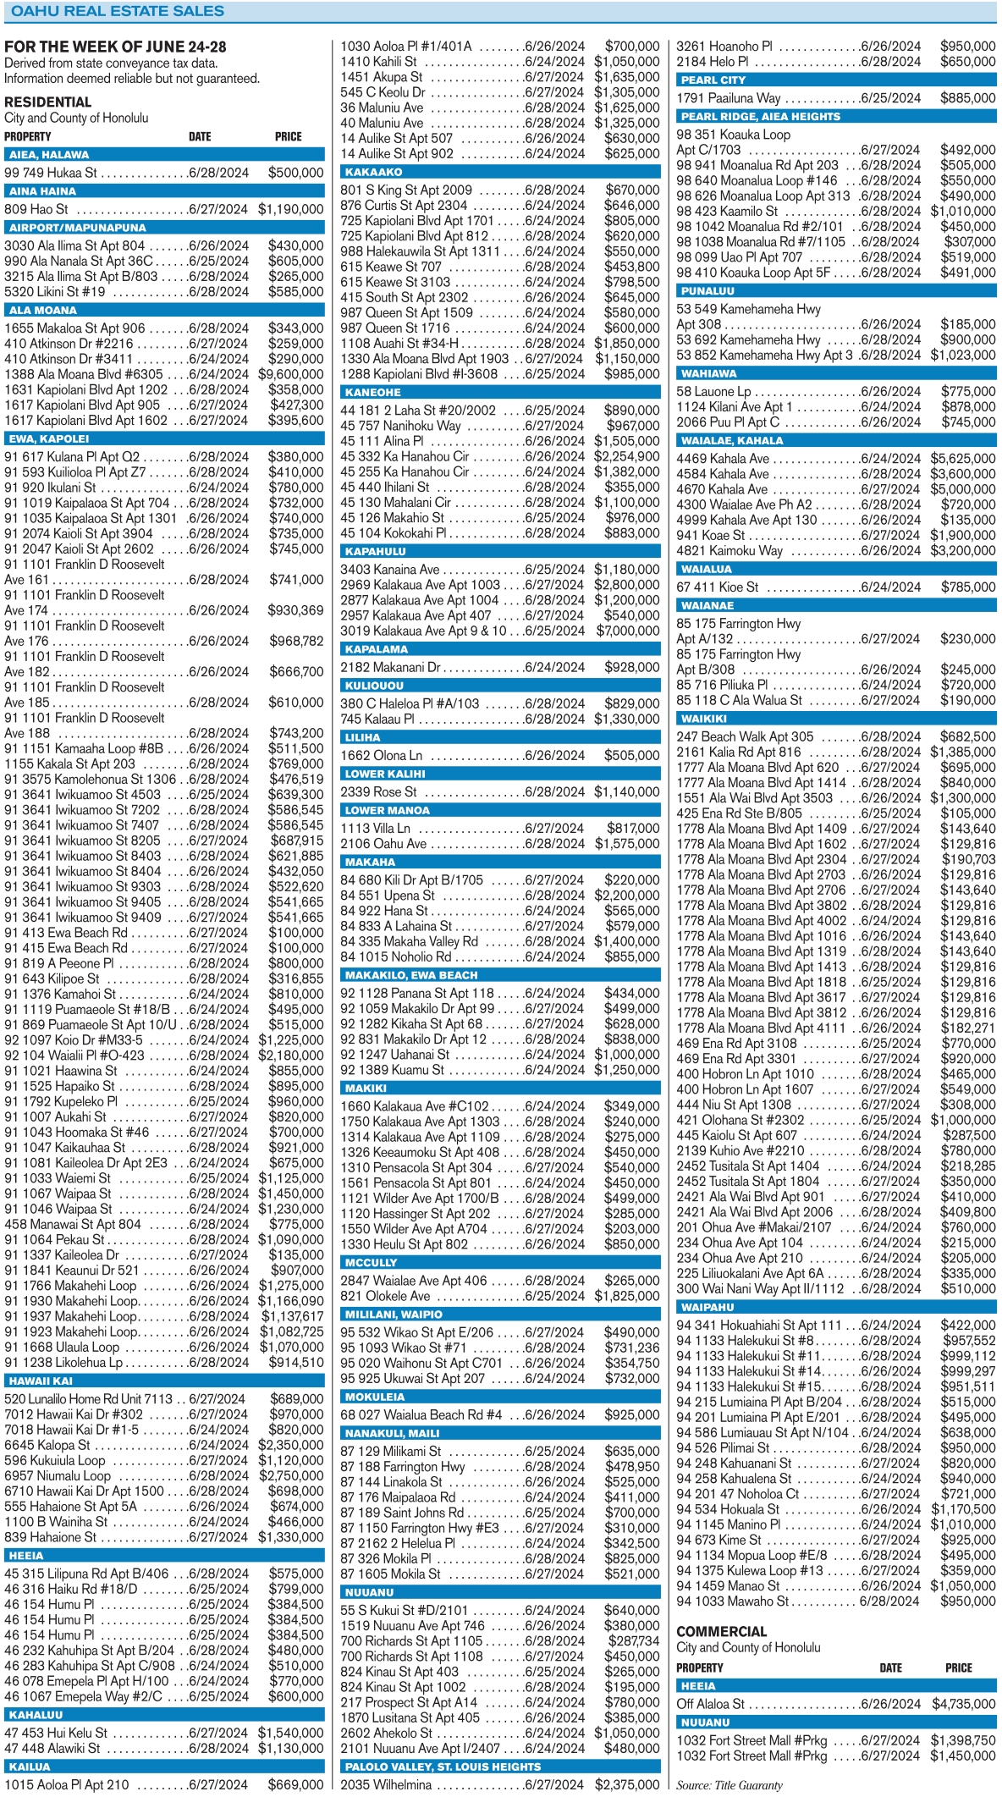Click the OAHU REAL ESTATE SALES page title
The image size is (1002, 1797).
click(118, 11)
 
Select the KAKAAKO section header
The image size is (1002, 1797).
click(374, 172)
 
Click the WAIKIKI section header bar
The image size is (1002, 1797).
click(704, 719)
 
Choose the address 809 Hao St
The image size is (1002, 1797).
click(36, 209)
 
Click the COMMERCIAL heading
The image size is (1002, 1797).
click(721, 1631)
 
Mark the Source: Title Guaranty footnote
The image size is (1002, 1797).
click(729, 1785)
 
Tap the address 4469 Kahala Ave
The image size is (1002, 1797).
click(723, 459)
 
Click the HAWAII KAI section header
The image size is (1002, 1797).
click(41, 1381)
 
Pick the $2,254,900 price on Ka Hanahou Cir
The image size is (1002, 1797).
click(627, 456)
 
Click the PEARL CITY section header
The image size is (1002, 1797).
click(713, 80)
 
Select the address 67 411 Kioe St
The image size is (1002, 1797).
click(717, 587)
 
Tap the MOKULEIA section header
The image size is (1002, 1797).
click(375, 1397)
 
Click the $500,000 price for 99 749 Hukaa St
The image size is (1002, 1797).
click(295, 173)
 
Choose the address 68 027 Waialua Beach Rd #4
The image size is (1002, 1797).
click(421, 1414)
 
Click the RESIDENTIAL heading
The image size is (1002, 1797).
click(47, 102)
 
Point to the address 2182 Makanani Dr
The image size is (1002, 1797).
click(390, 667)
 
